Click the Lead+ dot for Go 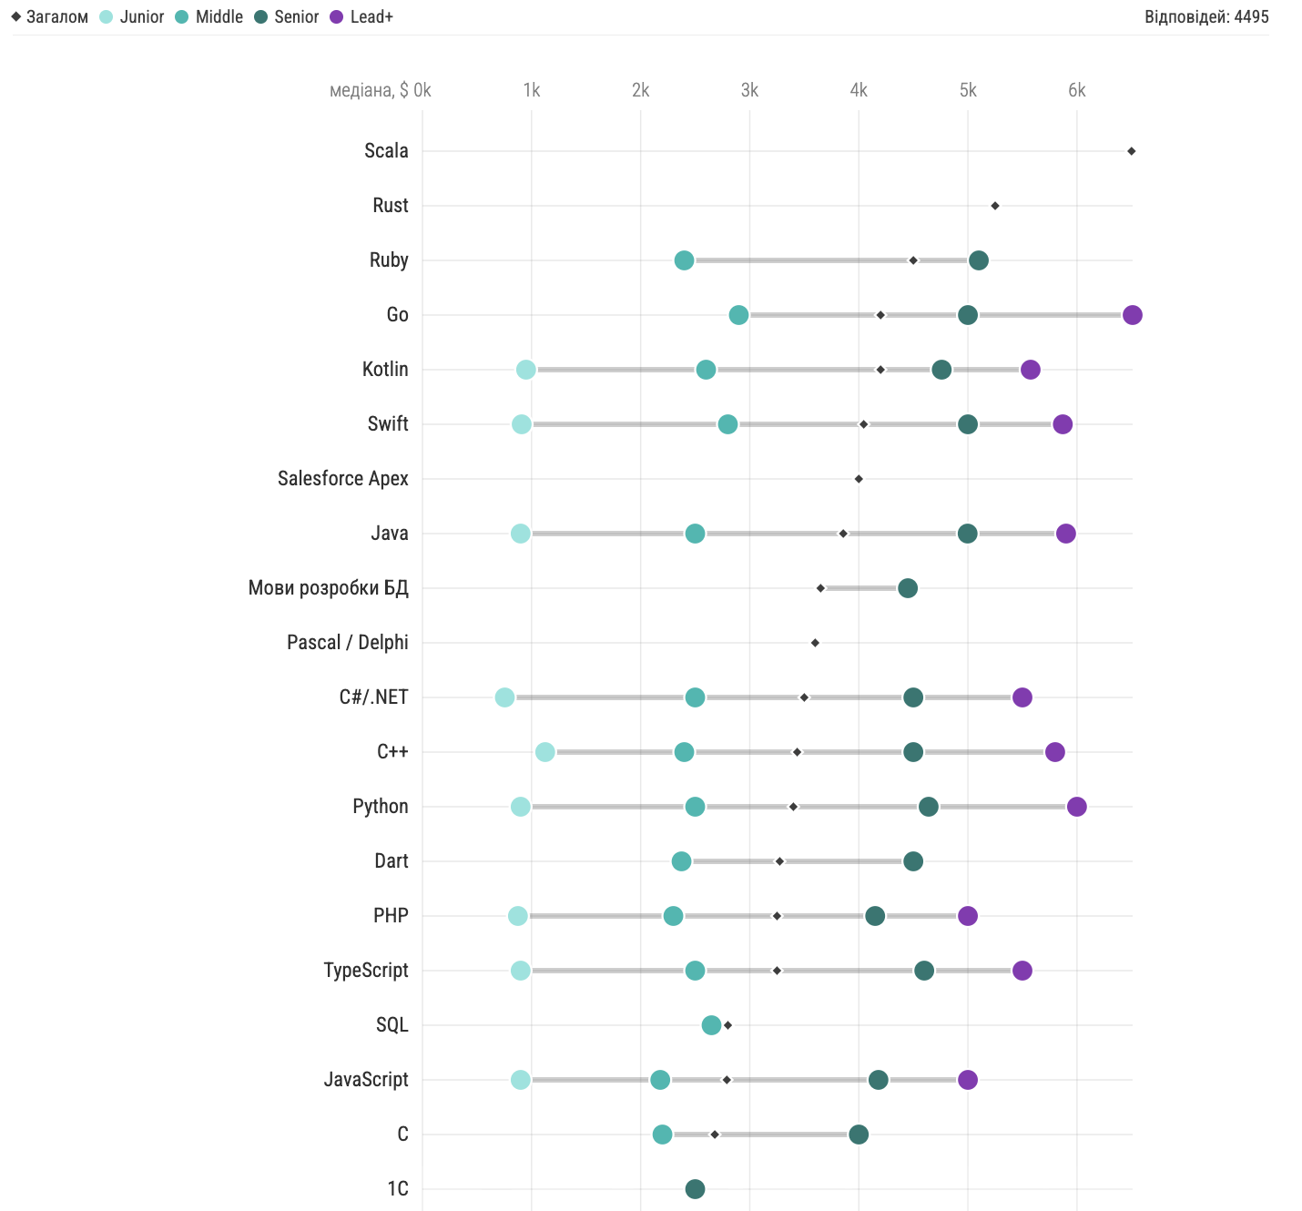(x=1132, y=315)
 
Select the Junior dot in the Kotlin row (x=525, y=370)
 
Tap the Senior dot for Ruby (x=978, y=260)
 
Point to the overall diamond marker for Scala (x=1131, y=151)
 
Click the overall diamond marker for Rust (x=994, y=206)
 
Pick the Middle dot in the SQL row (x=711, y=1025)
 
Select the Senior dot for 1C (x=695, y=1189)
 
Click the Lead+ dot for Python (x=1076, y=807)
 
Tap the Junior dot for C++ (x=544, y=752)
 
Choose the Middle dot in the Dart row (x=681, y=861)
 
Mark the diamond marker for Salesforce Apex (x=859, y=479)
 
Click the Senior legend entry (x=287, y=17)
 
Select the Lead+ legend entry (x=361, y=17)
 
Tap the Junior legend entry (x=132, y=17)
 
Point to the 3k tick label (x=749, y=90)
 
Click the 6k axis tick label (x=1076, y=90)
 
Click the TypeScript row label (x=366, y=971)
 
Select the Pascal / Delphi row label (x=347, y=643)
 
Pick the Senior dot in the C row (x=858, y=1135)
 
